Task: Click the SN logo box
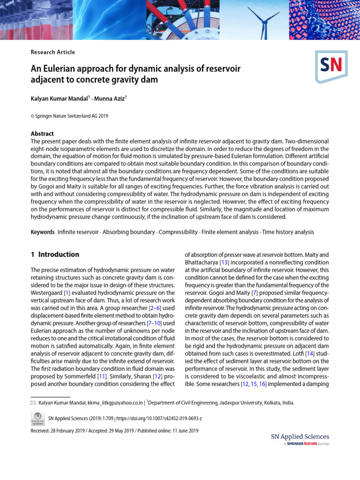[x=331, y=66]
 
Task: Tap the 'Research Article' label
[x=52, y=52]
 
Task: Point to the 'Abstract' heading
[x=42, y=134]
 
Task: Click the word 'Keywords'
[x=43, y=232]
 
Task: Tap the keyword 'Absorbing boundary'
[x=128, y=232]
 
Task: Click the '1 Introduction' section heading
[x=55, y=255]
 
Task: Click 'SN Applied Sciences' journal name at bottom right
[x=300, y=437]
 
